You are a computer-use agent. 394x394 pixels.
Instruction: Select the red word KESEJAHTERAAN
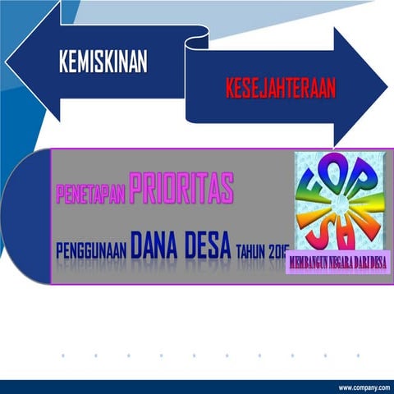click(x=281, y=89)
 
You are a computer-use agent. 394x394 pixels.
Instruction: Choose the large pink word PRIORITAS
click(x=181, y=189)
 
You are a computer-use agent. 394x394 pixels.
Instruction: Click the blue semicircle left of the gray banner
click(x=26, y=216)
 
